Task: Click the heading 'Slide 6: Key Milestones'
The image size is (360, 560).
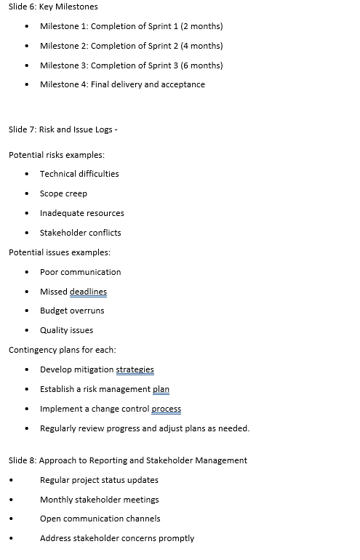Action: (x=53, y=7)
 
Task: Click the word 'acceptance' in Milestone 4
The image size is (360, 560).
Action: (x=183, y=84)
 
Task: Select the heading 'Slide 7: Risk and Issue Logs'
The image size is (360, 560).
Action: (x=60, y=129)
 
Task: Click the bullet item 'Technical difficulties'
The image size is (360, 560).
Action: (x=79, y=174)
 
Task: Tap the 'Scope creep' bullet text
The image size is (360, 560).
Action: (x=63, y=193)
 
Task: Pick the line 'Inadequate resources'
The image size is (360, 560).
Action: (x=81, y=213)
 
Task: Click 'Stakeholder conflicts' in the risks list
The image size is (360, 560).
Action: (x=80, y=233)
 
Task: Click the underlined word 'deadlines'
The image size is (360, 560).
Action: (x=88, y=292)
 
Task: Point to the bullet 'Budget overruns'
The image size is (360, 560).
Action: (x=72, y=311)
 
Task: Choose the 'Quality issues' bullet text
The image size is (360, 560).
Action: (x=66, y=330)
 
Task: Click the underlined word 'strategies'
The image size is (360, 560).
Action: (x=135, y=369)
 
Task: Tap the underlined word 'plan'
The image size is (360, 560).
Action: (x=161, y=389)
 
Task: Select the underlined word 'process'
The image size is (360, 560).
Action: (x=167, y=409)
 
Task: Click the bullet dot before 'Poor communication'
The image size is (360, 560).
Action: (x=27, y=272)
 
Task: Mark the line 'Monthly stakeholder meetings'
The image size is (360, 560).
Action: (x=99, y=500)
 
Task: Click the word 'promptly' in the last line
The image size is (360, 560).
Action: (x=177, y=538)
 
